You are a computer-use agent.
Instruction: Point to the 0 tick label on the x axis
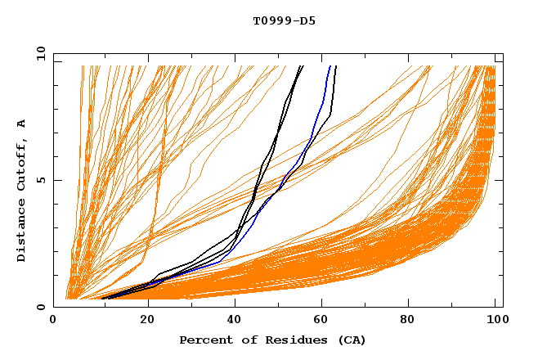coord(54,322)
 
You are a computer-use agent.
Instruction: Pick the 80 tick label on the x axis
coord(412,322)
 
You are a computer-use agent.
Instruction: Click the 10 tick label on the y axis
coord(39,53)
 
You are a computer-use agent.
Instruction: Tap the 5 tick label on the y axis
coord(43,181)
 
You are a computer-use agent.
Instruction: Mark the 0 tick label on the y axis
coord(43,308)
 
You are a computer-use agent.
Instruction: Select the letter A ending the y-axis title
coord(21,123)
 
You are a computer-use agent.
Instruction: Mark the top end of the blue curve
coord(330,66)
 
